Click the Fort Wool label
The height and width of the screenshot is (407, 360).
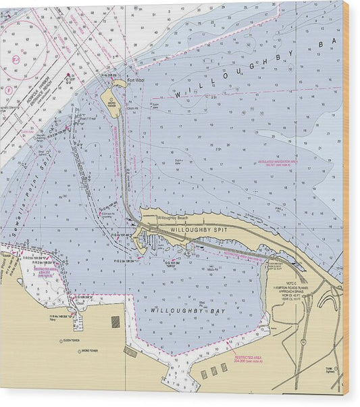click(x=136, y=80)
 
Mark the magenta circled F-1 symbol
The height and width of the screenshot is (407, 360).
click(x=16, y=59)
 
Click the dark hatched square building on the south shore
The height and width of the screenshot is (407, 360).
click(x=115, y=322)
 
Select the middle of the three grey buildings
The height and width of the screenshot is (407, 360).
click(x=214, y=371)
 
